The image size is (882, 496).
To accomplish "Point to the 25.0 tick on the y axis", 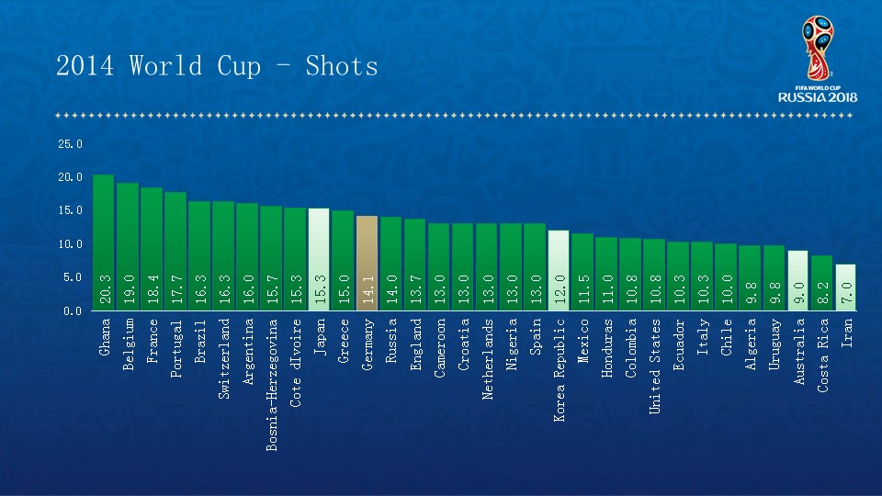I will (71, 144).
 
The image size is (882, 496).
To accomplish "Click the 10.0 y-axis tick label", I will (71, 244).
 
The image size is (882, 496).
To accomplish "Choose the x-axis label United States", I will (654, 366).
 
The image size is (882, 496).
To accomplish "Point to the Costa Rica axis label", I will (822, 355).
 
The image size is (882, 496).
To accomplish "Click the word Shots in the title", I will (342, 66).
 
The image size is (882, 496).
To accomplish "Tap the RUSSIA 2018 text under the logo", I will (817, 96).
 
